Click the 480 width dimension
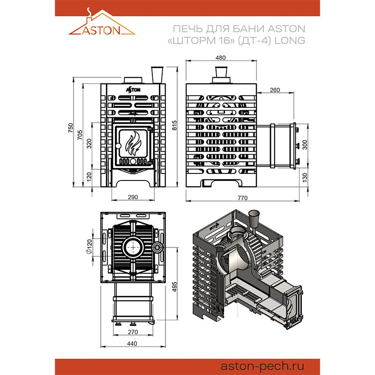220,58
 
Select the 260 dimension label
275,90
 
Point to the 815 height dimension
174,125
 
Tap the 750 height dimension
70,128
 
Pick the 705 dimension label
80,135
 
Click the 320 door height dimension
89,143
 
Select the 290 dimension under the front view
133,197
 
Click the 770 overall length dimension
242,198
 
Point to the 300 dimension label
305,145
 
